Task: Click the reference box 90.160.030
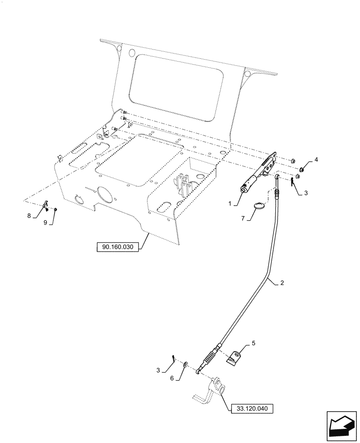coord(117,247)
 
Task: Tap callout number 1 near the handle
coord(229,203)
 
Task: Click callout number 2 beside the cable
coord(282,282)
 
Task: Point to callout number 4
coord(316,159)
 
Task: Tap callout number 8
coord(29,216)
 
